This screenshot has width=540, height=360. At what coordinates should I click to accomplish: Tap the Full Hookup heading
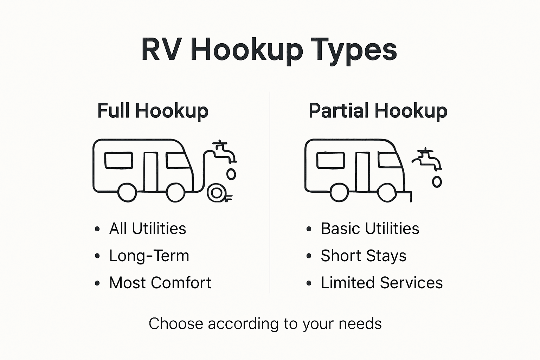[153, 111]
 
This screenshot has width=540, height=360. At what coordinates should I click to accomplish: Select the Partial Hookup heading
[378, 111]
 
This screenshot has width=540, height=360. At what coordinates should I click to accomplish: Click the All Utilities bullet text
[148, 229]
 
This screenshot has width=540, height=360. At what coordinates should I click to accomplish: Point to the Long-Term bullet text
[149, 256]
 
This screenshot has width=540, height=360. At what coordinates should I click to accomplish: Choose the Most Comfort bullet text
[160, 283]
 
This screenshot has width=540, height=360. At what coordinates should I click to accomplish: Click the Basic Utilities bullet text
[370, 229]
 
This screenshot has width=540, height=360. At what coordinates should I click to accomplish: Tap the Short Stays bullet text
[364, 256]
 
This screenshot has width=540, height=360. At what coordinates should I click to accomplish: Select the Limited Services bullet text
[382, 283]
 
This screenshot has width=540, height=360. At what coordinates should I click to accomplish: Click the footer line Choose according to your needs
[265, 323]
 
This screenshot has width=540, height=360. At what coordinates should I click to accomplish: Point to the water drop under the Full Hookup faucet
[231, 174]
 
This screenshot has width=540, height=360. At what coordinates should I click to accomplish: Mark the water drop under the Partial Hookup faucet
[437, 181]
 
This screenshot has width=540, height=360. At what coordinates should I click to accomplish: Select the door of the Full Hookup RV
[150, 172]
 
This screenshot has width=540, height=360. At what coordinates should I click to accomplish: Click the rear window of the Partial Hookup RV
[330, 160]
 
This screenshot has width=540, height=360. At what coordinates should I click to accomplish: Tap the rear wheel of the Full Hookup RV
[127, 193]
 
